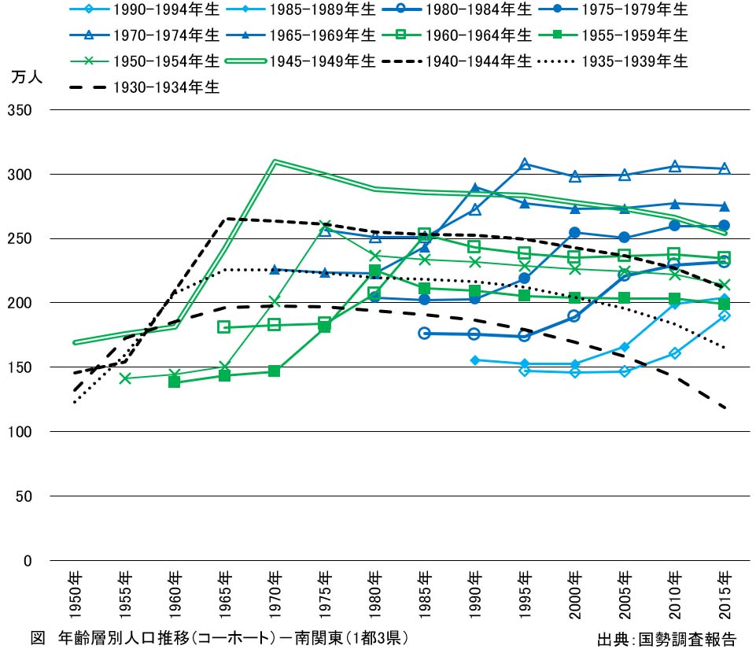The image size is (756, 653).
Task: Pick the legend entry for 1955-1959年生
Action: click(x=638, y=35)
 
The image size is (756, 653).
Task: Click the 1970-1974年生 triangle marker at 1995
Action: click(x=525, y=164)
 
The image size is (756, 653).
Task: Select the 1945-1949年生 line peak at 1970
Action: click(x=275, y=161)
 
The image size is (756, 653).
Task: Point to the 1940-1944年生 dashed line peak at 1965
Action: click(x=225, y=219)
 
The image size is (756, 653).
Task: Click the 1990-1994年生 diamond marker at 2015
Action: click(x=725, y=315)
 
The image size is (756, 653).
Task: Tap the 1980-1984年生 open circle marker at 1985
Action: click(x=425, y=334)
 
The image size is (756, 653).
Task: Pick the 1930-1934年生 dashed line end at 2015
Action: click(x=725, y=408)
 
